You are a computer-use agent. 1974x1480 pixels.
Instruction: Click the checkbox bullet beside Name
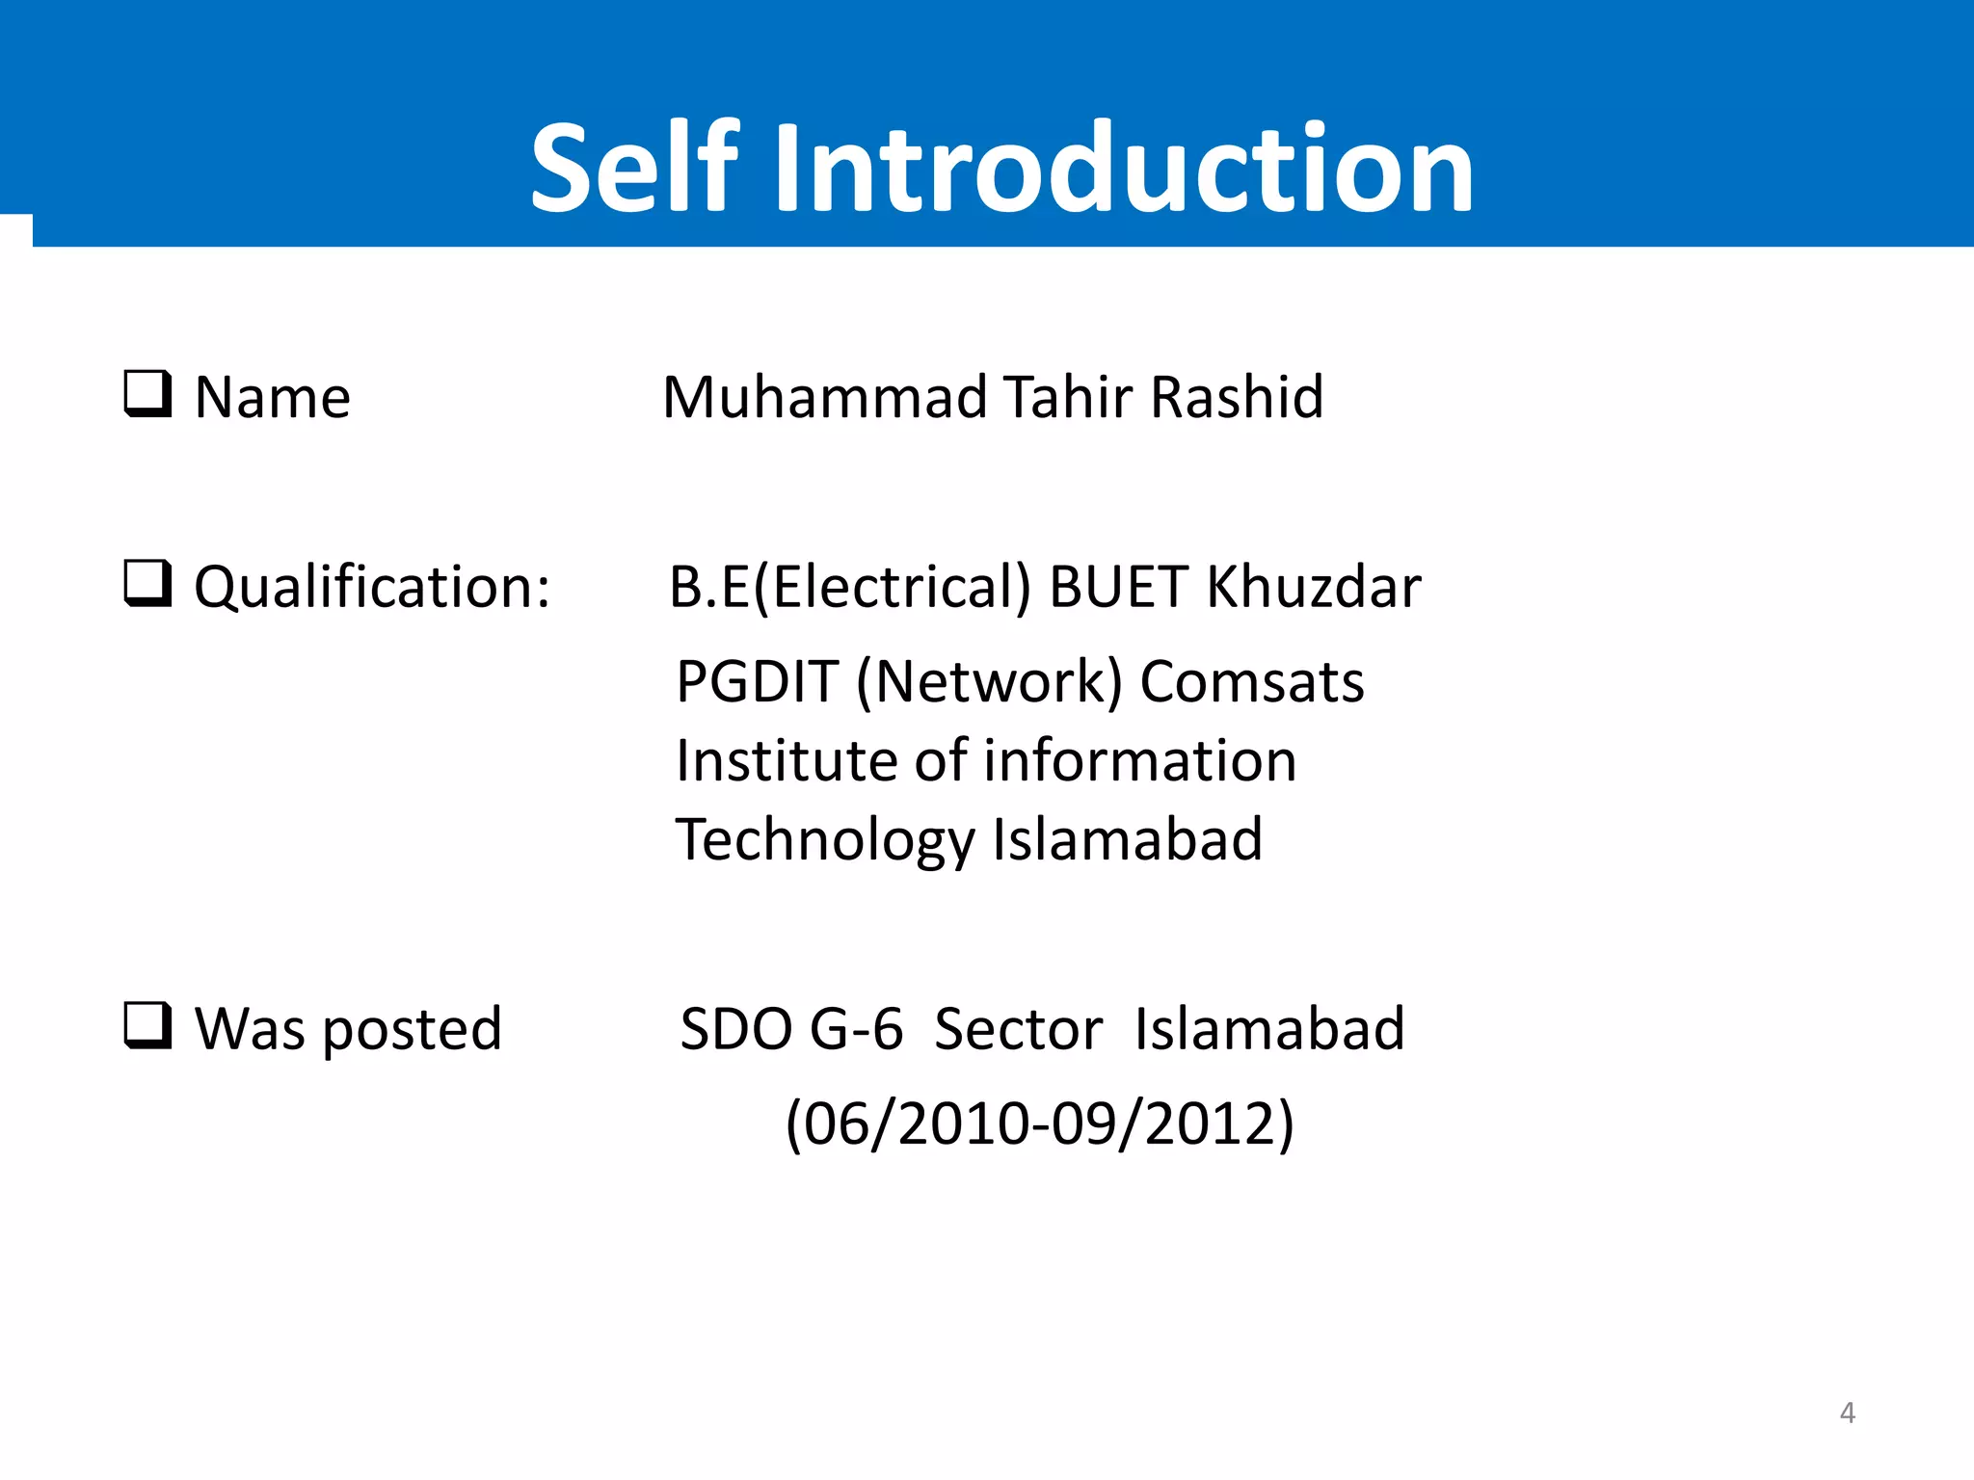click(x=147, y=394)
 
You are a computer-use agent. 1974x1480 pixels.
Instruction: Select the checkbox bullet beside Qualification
click(x=147, y=584)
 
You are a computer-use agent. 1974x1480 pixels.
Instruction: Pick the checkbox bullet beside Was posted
click(x=147, y=1025)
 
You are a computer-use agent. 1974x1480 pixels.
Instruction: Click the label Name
click(x=273, y=397)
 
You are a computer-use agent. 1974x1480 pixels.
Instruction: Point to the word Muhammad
click(x=825, y=397)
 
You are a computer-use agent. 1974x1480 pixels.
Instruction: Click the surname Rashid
click(x=1238, y=397)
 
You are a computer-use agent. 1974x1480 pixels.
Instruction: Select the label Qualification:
click(x=372, y=588)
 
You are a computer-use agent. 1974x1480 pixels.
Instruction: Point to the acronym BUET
click(x=1118, y=588)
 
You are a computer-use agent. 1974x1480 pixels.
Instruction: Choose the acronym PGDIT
click(x=757, y=682)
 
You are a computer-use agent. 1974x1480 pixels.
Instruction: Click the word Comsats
click(x=1252, y=682)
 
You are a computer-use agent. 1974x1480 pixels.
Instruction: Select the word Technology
click(x=825, y=840)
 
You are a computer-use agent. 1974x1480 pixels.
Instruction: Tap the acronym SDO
click(x=736, y=1029)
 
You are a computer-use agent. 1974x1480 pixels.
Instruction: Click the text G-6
click(x=856, y=1029)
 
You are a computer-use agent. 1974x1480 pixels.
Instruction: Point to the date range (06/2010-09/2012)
click(x=1039, y=1123)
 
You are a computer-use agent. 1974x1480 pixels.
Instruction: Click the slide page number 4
click(x=1847, y=1413)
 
